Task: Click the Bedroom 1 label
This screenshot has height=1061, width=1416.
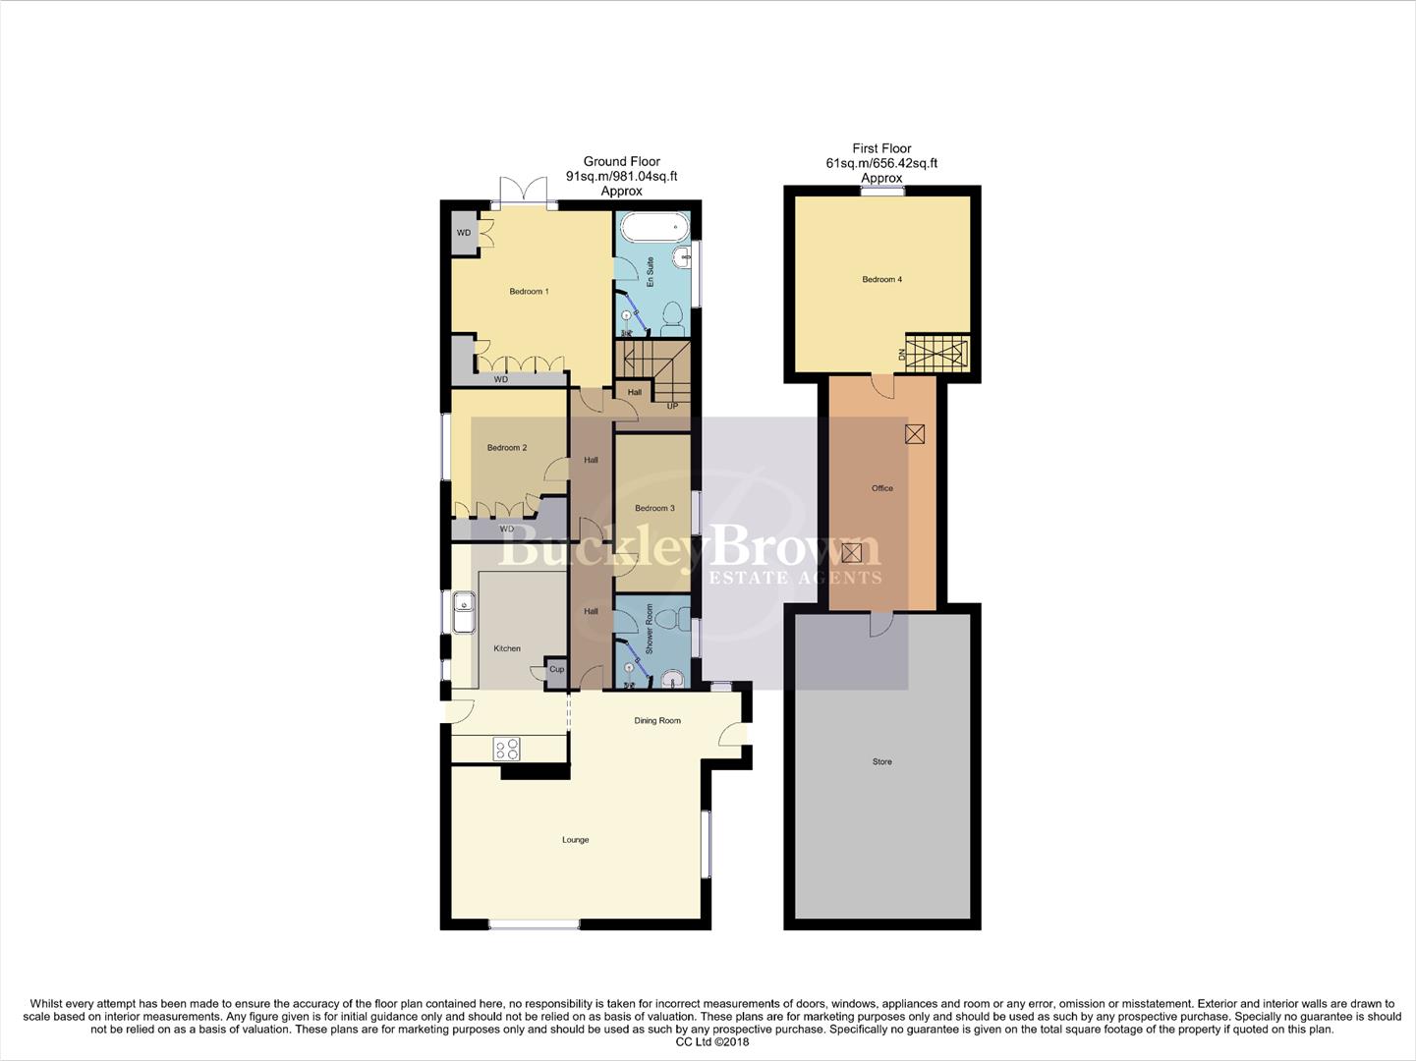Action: (529, 292)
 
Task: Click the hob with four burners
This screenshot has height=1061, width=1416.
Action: (507, 749)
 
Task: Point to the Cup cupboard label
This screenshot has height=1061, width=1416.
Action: (556, 669)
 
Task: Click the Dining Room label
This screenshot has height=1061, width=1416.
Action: (657, 721)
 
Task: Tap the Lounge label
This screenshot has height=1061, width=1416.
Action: (576, 840)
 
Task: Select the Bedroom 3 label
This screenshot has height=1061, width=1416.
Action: (654, 509)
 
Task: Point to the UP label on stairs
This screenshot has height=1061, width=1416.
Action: (673, 406)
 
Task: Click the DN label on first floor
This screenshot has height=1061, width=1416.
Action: (901, 355)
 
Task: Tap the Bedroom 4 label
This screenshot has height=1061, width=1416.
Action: (882, 280)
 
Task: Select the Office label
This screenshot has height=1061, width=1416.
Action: (882, 488)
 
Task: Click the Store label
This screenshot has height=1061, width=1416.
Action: (882, 762)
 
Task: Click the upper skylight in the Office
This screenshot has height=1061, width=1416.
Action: (915, 433)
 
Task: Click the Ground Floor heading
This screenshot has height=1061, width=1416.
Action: (622, 162)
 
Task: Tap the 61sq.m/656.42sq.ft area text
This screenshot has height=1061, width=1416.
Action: (881, 163)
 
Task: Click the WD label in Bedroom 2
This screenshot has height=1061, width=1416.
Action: (507, 530)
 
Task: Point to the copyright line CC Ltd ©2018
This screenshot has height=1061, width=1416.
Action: (707, 1042)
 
